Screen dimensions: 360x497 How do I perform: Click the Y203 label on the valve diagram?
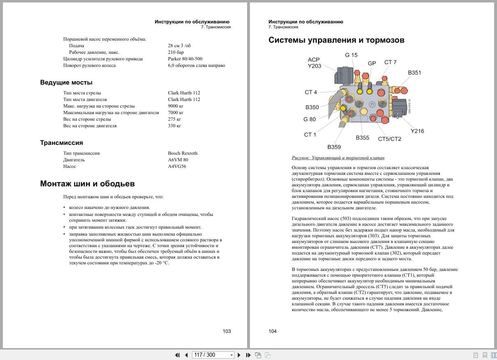pyautogui.click(x=314, y=66)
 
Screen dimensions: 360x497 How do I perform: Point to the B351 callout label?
pyautogui.click(x=414, y=73)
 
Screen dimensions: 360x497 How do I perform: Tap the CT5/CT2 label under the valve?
pyautogui.click(x=389, y=139)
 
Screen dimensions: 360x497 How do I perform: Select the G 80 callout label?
pyautogui.click(x=309, y=119)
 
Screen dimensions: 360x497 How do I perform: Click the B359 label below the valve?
pyautogui.click(x=334, y=147)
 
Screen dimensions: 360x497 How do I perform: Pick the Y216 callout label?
pyautogui.click(x=417, y=131)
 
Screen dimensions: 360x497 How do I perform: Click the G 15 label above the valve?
pyautogui.click(x=351, y=55)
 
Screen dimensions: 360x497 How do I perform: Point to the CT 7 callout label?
pyautogui.click(x=390, y=62)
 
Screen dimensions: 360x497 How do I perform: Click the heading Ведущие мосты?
pyautogui.click(x=66, y=83)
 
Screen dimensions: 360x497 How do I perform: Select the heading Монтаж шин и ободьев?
pyautogui.click(x=87, y=183)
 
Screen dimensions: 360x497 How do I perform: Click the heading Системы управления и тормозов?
pyautogui.click(x=336, y=40)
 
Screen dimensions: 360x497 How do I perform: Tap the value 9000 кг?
pyautogui.click(x=176, y=106)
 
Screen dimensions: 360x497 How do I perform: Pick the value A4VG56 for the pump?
pyautogui.click(x=177, y=166)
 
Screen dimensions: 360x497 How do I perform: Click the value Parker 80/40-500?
pyautogui.click(x=185, y=59)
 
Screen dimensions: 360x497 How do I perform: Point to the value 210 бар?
pyautogui.click(x=176, y=52)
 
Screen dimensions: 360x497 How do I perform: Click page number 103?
pyautogui.click(x=227, y=331)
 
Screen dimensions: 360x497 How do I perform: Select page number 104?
pyautogui.click(x=273, y=331)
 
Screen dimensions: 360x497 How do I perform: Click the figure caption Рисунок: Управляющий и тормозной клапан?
pyautogui.click(x=338, y=158)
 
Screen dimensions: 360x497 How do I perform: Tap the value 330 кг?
pyautogui.click(x=174, y=126)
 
